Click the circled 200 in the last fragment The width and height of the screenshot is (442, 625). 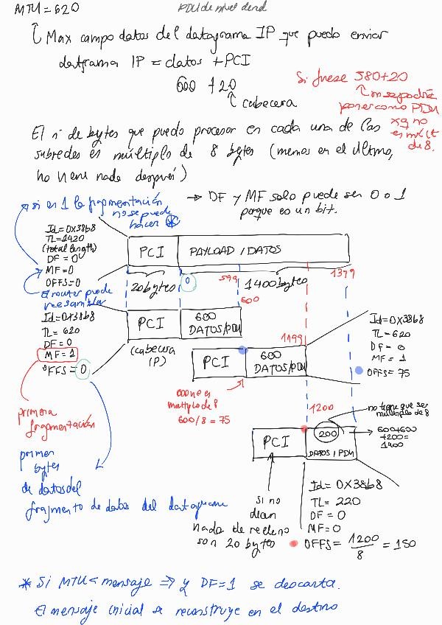[329, 434]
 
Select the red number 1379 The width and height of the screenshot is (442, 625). [337, 273]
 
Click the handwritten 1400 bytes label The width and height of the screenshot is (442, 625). [276, 284]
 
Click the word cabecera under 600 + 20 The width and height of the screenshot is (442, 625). [271, 103]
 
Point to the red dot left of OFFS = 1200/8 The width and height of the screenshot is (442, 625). [294, 544]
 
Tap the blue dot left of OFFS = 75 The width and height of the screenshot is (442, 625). [358, 371]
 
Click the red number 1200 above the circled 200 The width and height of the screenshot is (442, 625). [322, 407]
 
